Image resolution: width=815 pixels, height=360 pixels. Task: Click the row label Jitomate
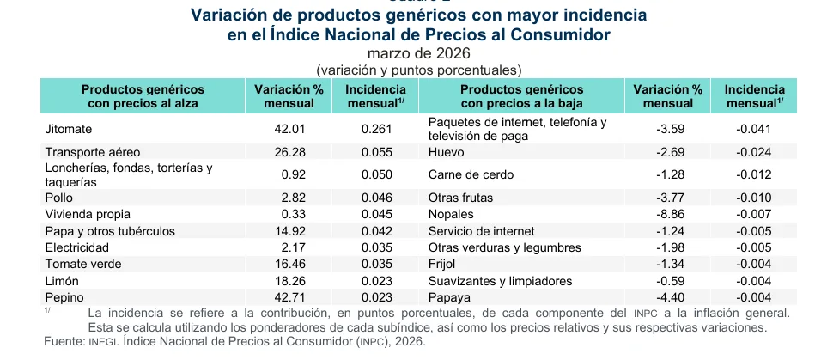[x=69, y=130]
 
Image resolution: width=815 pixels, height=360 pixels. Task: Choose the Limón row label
[x=62, y=281]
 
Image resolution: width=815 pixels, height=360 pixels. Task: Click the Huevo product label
[x=446, y=152]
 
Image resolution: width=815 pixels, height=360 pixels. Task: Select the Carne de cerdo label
[x=471, y=174]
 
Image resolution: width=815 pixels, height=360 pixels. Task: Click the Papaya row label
[x=448, y=297]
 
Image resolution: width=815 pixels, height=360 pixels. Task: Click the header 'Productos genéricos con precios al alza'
[x=143, y=96]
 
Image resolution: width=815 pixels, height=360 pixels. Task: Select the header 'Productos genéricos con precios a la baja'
[x=522, y=96]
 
